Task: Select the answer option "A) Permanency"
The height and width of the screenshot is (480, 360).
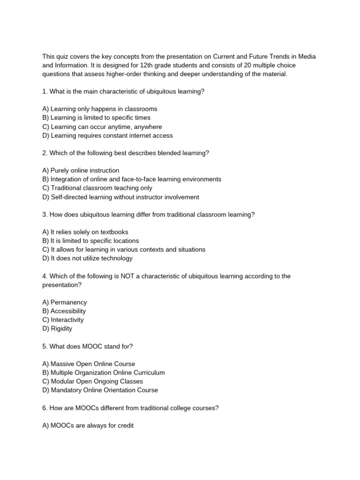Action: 65,302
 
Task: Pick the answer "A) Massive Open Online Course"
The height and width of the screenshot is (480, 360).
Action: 89,364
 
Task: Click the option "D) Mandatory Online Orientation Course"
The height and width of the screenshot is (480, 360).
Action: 100,390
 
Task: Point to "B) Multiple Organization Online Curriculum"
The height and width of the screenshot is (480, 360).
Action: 104,373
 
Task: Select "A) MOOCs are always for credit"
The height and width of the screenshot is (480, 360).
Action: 88,426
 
